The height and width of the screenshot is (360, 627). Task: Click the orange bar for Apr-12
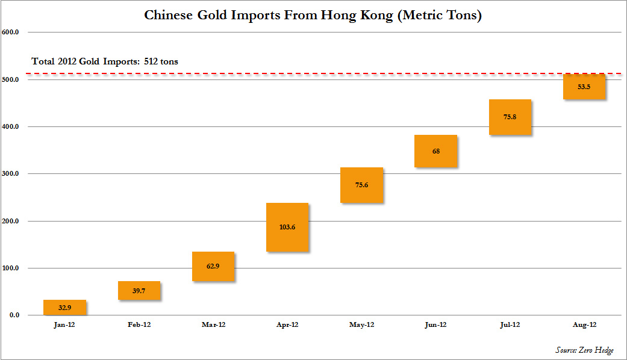pos(287,227)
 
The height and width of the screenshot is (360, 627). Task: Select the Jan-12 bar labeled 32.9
pos(65,308)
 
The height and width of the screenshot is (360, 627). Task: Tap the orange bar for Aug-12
pos(584,87)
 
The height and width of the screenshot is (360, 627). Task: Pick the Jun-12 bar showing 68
pos(435,151)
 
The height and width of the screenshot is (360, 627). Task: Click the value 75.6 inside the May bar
pos(361,185)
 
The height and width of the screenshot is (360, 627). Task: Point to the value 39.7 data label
pos(139,291)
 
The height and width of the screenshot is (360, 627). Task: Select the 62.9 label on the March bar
pos(213,266)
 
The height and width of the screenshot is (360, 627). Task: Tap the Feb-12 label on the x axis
pos(139,324)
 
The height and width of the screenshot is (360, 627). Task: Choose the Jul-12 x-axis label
pos(510,324)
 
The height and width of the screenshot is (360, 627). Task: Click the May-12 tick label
pos(361,324)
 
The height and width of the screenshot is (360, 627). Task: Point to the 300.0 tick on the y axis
pos(11,174)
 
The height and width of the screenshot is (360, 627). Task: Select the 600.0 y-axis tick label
pos(11,33)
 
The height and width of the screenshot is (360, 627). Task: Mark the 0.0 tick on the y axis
pos(14,315)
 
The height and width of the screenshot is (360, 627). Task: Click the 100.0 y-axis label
pos(11,268)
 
